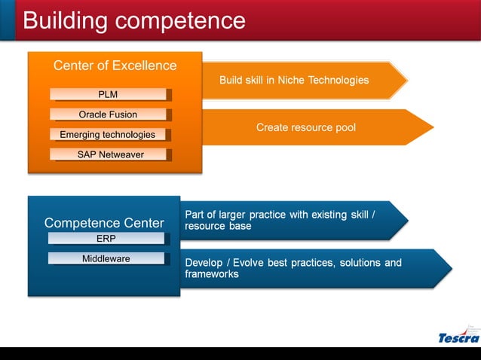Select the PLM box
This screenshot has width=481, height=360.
pos(108,95)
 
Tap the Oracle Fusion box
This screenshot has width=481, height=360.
pos(108,114)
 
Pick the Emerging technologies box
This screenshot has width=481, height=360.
pos(108,135)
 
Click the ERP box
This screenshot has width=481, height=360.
pos(106,239)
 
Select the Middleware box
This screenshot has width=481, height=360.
pos(106,259)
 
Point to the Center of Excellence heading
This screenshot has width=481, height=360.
pos(115,66)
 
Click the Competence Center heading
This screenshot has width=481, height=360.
pos(104,223)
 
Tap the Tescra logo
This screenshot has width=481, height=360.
pos(458,337)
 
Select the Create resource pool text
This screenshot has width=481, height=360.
pos(305,128)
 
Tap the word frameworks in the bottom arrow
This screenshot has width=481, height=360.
pos(212,274)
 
